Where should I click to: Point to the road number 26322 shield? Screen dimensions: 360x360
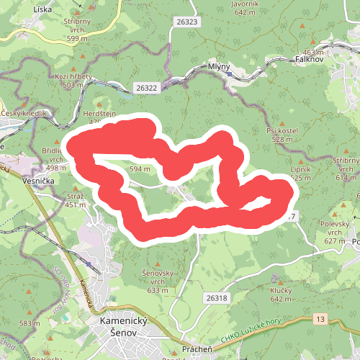[145, 87]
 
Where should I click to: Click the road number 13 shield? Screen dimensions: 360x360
[320, 318]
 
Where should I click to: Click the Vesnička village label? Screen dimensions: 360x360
[38, 182]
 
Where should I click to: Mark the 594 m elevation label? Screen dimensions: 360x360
[140, 168]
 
